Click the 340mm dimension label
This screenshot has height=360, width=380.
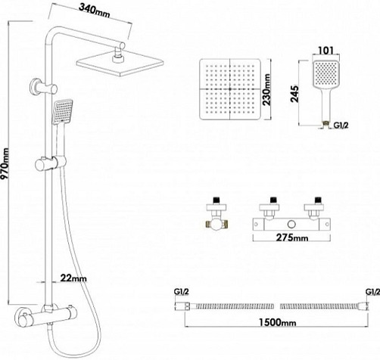coord(95,11)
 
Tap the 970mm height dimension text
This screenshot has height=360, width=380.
coord(5,164)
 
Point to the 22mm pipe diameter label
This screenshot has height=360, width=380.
coord(73,278)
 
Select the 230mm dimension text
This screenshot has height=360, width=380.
coord(266,89)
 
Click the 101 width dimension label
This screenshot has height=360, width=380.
coord(325,51)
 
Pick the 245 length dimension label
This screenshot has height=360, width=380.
coord(294,94)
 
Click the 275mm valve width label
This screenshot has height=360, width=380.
coord(292,237)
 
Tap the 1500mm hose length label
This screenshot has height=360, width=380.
coord(277,322)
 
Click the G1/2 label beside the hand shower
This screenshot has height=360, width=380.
coord(341,125)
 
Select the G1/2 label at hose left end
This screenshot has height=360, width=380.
coord(181,292)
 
